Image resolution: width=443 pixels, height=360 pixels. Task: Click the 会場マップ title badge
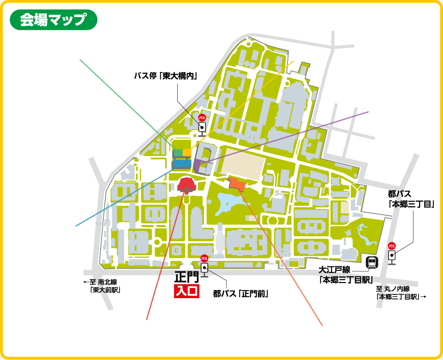coord(53,20)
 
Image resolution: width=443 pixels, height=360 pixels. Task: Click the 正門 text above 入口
coord(186,278)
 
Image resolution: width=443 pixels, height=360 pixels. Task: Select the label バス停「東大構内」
coord(165,76)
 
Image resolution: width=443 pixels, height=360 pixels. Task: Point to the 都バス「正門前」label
coord(241,293)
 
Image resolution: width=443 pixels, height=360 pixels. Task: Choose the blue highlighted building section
coord(182,163)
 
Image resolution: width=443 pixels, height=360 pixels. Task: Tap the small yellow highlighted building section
coord(187,152)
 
